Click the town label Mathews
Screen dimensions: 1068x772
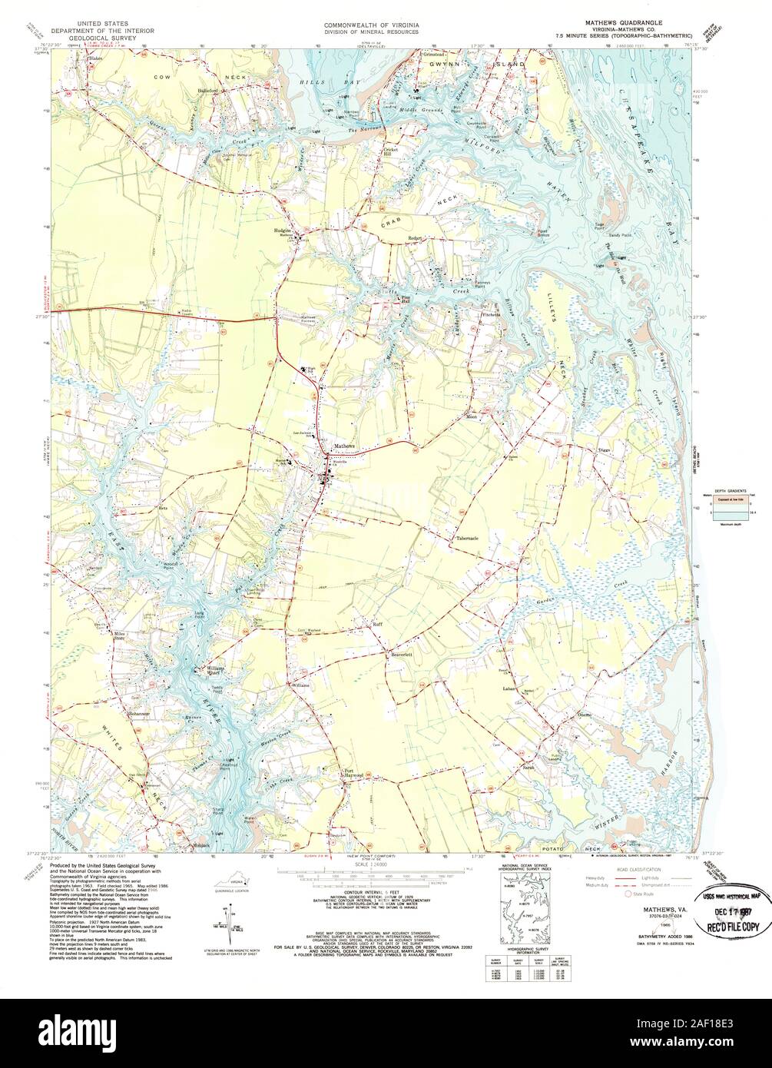click(x=343, y=446)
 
